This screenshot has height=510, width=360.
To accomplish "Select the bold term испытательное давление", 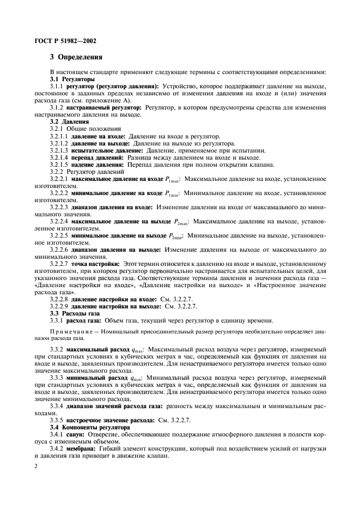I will click(x=106, y=150).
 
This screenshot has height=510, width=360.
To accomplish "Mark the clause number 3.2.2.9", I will click(x=58, y=306).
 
